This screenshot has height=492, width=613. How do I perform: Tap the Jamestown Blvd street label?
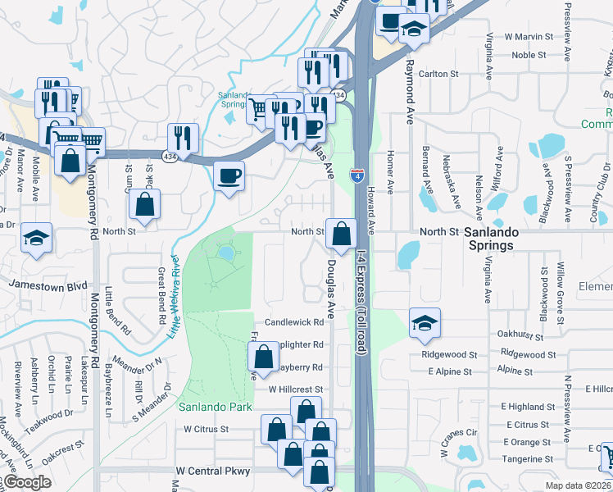pyautogui.click(x=48, y=285)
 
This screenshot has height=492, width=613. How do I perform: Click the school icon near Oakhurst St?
pyautogui.click(x=425, y=322)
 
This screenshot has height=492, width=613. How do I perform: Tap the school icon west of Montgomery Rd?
pyautogui.click(x=36, y=238)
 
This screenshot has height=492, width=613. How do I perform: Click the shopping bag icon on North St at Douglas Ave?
pyautogui.click(x=341, y=234)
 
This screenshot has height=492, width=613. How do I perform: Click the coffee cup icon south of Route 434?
pyautogui.click(x=229, y=175)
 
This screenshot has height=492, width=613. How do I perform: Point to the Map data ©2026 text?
pyautogui.click(x=579, y=485)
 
